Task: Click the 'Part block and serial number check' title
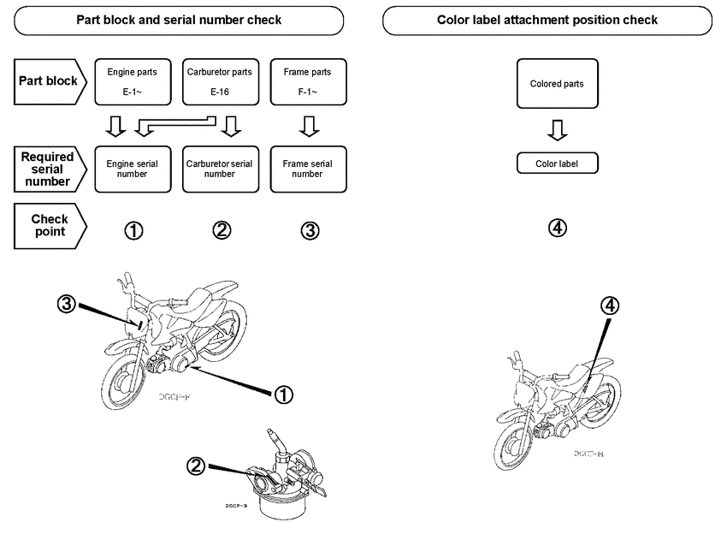(179, 20)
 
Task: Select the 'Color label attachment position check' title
(547, 20)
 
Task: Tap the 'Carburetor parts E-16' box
(220, 81)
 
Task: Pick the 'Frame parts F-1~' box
(307, 81)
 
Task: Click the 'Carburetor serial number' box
(220, 168)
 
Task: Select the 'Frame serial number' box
(307, 168)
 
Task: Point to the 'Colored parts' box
(557, 83)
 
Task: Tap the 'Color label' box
(557, 163)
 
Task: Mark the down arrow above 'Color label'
(557, 129)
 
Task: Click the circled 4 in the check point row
(557, 228)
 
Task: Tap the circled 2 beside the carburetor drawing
(196, 466)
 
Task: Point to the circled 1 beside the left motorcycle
(283, 394)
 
